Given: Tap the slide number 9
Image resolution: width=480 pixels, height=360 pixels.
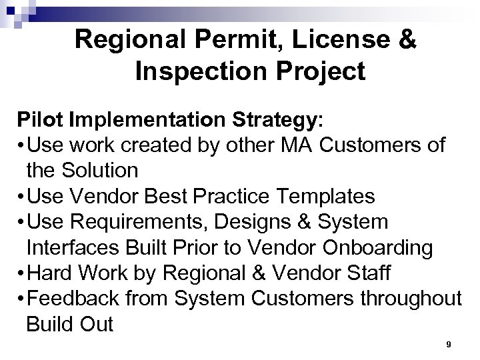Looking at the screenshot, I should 448,345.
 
